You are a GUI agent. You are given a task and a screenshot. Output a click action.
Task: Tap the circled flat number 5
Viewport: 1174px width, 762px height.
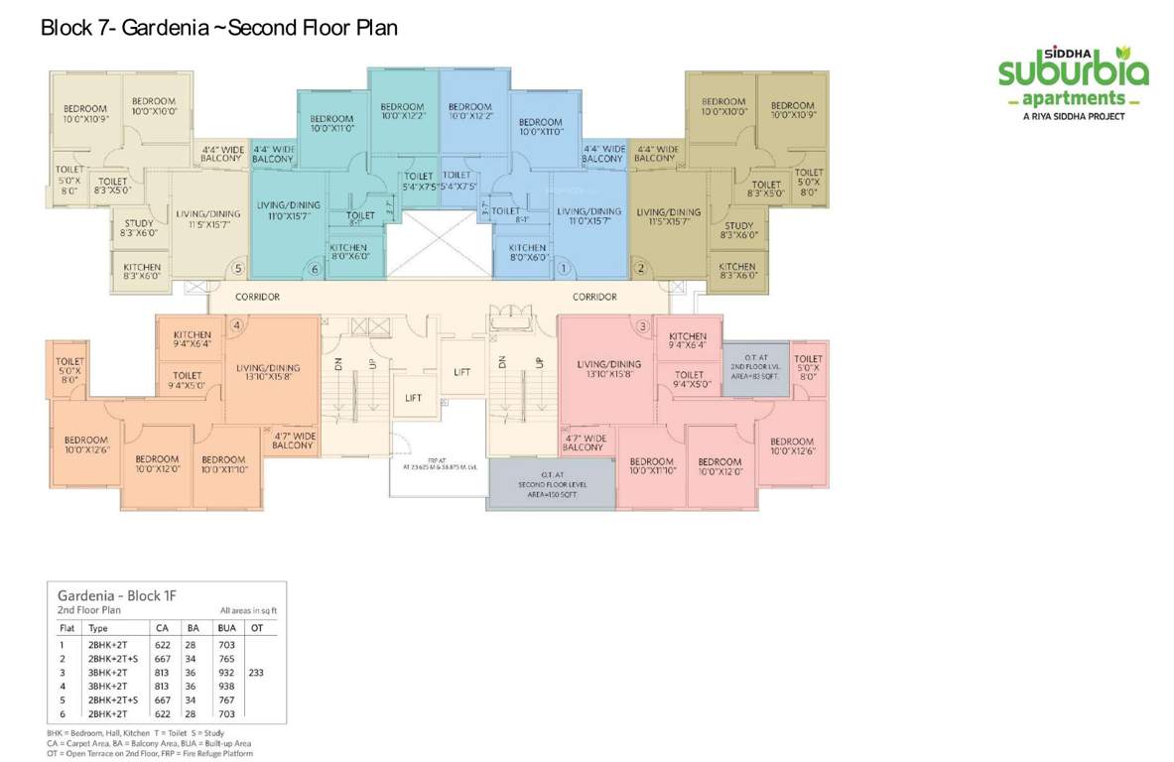pos(237,268)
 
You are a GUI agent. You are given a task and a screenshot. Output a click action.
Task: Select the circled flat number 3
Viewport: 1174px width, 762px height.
pos(643,325)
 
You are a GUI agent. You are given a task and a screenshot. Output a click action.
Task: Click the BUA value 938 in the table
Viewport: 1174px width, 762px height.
pos(226,685)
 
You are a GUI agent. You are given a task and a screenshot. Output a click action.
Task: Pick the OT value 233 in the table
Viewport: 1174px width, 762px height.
pos(257,671)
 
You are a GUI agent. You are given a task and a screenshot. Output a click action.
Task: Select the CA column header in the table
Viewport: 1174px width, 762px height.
pos(162,628)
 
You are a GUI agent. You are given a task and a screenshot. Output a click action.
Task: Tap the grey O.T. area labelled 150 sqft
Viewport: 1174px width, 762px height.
pos(550,486)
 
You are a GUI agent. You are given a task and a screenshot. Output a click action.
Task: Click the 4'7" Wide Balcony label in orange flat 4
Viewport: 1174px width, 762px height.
pos(292,441)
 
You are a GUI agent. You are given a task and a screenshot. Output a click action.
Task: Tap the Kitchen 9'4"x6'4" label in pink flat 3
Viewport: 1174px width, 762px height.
pos(688,340)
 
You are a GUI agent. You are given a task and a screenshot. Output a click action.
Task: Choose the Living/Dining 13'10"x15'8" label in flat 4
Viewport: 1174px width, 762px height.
pos(268,373)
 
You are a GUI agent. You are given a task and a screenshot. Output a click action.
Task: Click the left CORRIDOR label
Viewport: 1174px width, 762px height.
pos(257,297)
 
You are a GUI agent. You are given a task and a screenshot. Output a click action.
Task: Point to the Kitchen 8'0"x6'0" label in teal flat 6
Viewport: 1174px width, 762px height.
pos(348,252)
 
